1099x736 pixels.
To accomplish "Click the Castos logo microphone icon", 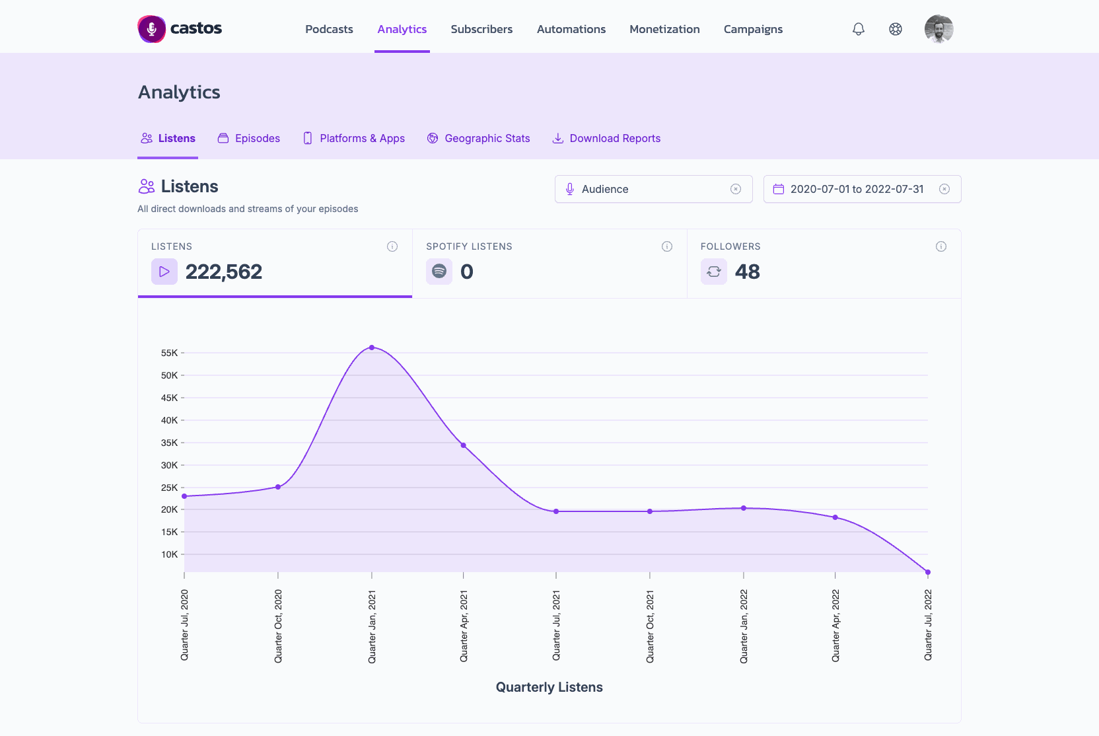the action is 152,29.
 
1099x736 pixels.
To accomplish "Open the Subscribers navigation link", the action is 481,29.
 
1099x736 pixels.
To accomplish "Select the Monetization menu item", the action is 664,29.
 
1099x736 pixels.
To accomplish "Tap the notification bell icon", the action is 858,29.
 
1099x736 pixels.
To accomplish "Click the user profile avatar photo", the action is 939,29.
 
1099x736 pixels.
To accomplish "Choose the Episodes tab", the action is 249,138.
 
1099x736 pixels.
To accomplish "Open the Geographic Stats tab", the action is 478,138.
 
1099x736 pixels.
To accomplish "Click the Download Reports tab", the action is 606,138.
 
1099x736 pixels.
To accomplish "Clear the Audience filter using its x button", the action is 736,189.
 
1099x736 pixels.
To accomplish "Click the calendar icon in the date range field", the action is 779,189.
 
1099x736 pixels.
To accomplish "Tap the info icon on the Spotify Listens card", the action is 667,246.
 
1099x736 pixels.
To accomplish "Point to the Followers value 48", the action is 747,272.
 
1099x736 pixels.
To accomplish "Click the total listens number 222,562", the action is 224,272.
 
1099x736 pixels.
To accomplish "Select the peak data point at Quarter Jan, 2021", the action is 372,348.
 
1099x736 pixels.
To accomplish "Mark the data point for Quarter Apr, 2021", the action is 463,445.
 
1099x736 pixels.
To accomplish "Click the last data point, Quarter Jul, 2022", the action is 928,572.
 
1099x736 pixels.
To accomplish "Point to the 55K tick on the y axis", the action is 182,353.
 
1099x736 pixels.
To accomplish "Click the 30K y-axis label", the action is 169,465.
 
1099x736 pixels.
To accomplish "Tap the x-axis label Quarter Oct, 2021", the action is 650,627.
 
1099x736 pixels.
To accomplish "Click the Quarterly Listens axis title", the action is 549,687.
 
